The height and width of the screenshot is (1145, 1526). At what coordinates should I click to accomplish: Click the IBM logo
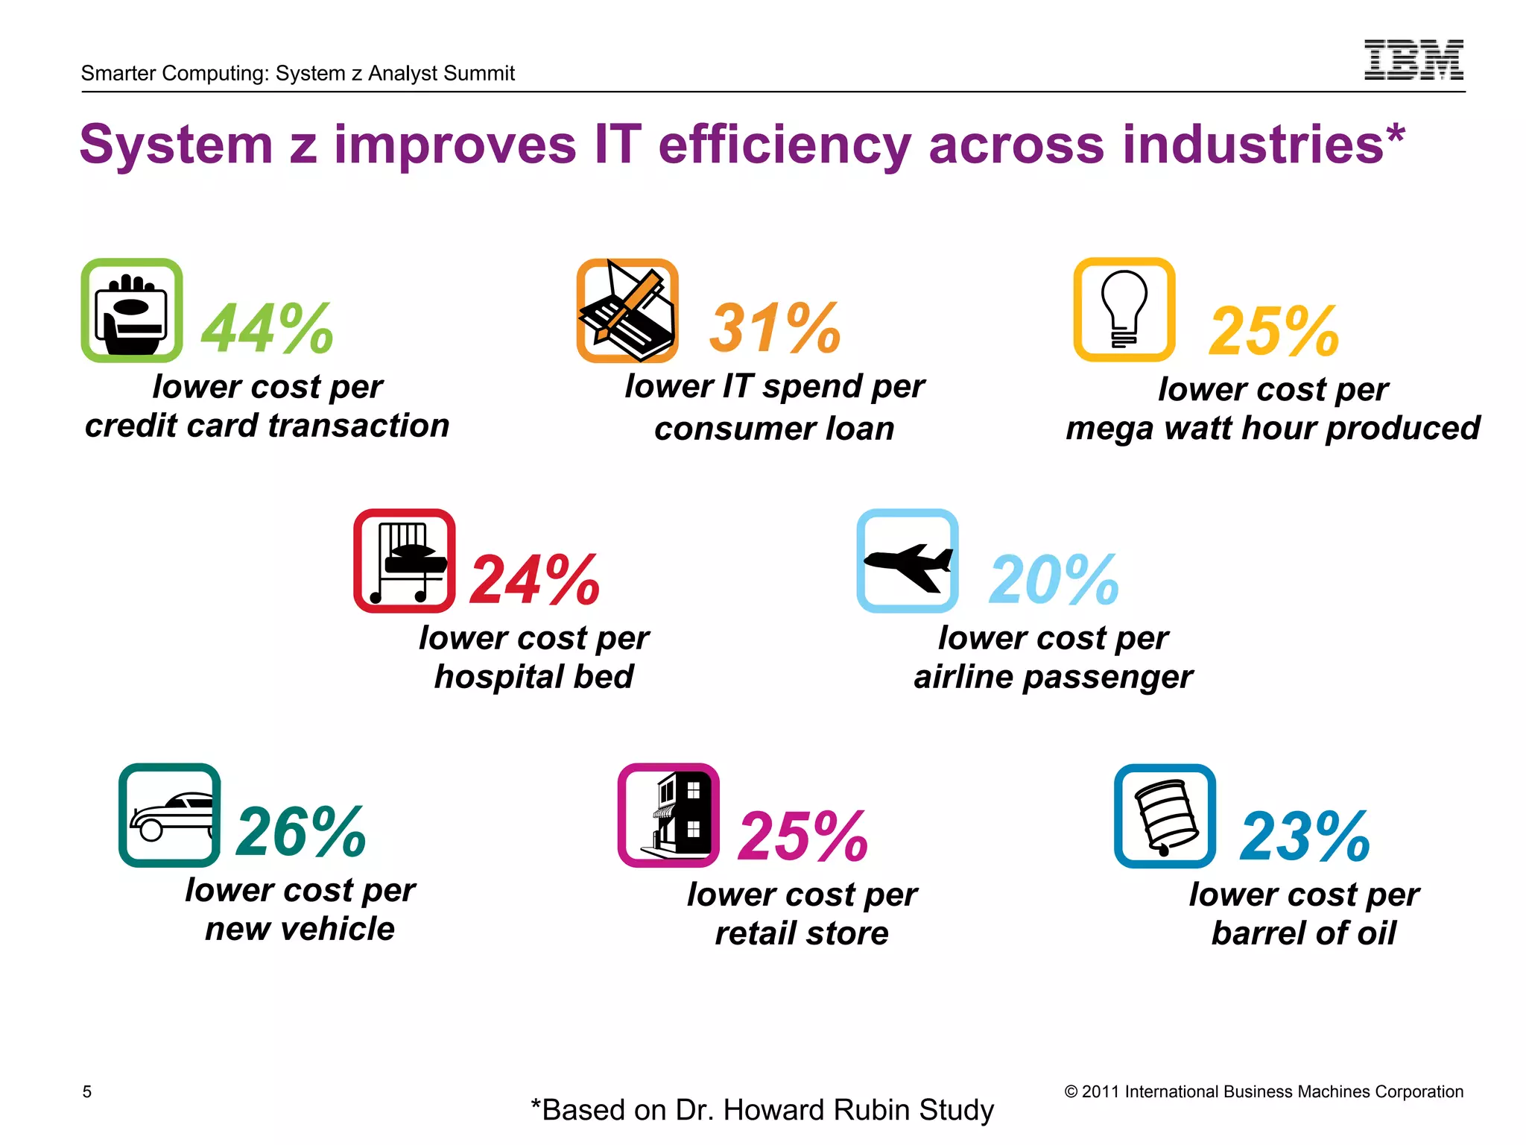1413,60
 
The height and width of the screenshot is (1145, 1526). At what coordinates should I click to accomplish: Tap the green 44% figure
267,328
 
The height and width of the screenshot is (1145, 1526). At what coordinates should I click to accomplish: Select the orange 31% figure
775,328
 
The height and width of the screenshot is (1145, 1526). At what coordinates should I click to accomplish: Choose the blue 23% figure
1305,836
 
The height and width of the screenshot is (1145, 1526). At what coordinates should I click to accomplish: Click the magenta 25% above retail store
803,836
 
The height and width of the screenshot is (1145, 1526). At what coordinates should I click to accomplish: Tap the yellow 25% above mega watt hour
1274,331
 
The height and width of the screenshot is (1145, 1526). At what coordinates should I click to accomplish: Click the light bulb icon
1124,310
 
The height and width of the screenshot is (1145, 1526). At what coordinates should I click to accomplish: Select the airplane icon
908,561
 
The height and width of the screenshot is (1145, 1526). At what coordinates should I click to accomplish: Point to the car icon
170,815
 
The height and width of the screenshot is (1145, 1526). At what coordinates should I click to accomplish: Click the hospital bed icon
405,561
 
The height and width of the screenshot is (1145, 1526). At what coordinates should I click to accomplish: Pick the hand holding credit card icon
132,311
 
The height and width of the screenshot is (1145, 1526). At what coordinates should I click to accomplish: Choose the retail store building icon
668,816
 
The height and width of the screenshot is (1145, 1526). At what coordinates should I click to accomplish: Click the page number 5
87,1091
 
